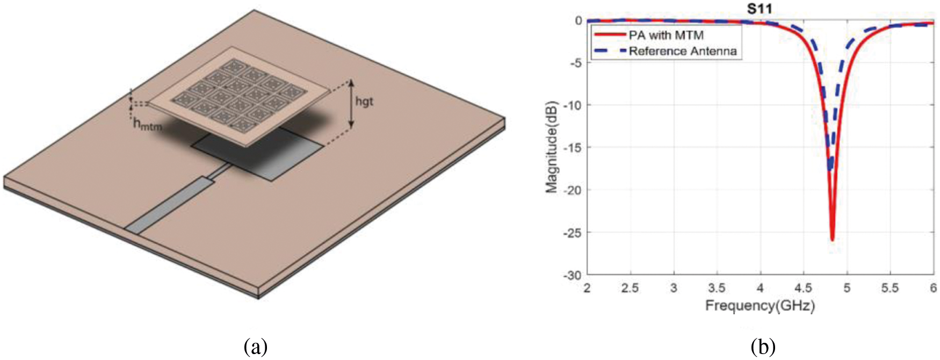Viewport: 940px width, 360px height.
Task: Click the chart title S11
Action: (760, 9)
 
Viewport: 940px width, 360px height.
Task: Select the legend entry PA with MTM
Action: (666, 35)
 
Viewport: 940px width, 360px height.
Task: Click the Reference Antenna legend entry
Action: (683, 52)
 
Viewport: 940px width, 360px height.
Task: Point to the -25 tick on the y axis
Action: (572, 233)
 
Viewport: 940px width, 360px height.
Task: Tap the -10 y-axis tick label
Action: (572, 105)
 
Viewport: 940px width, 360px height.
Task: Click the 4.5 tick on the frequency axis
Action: (803, 288)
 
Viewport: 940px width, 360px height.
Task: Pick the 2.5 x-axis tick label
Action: (630, 288)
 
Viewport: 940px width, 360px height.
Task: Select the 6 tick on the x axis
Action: (934, 288)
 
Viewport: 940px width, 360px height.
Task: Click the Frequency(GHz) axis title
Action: (760, 306)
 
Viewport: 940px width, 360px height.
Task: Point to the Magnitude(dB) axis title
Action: (552, 147)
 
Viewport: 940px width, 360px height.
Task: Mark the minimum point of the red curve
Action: (832, 240)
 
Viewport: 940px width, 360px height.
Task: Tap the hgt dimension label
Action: (364, 101)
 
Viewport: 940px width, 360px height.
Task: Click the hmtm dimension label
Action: (147, 126)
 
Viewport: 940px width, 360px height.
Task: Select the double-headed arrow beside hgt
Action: (351, 104)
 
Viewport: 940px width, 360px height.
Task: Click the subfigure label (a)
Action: (255, 347)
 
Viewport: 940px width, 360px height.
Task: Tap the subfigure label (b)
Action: (763, 347)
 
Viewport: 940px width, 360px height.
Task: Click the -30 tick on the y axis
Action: (572, 275)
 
